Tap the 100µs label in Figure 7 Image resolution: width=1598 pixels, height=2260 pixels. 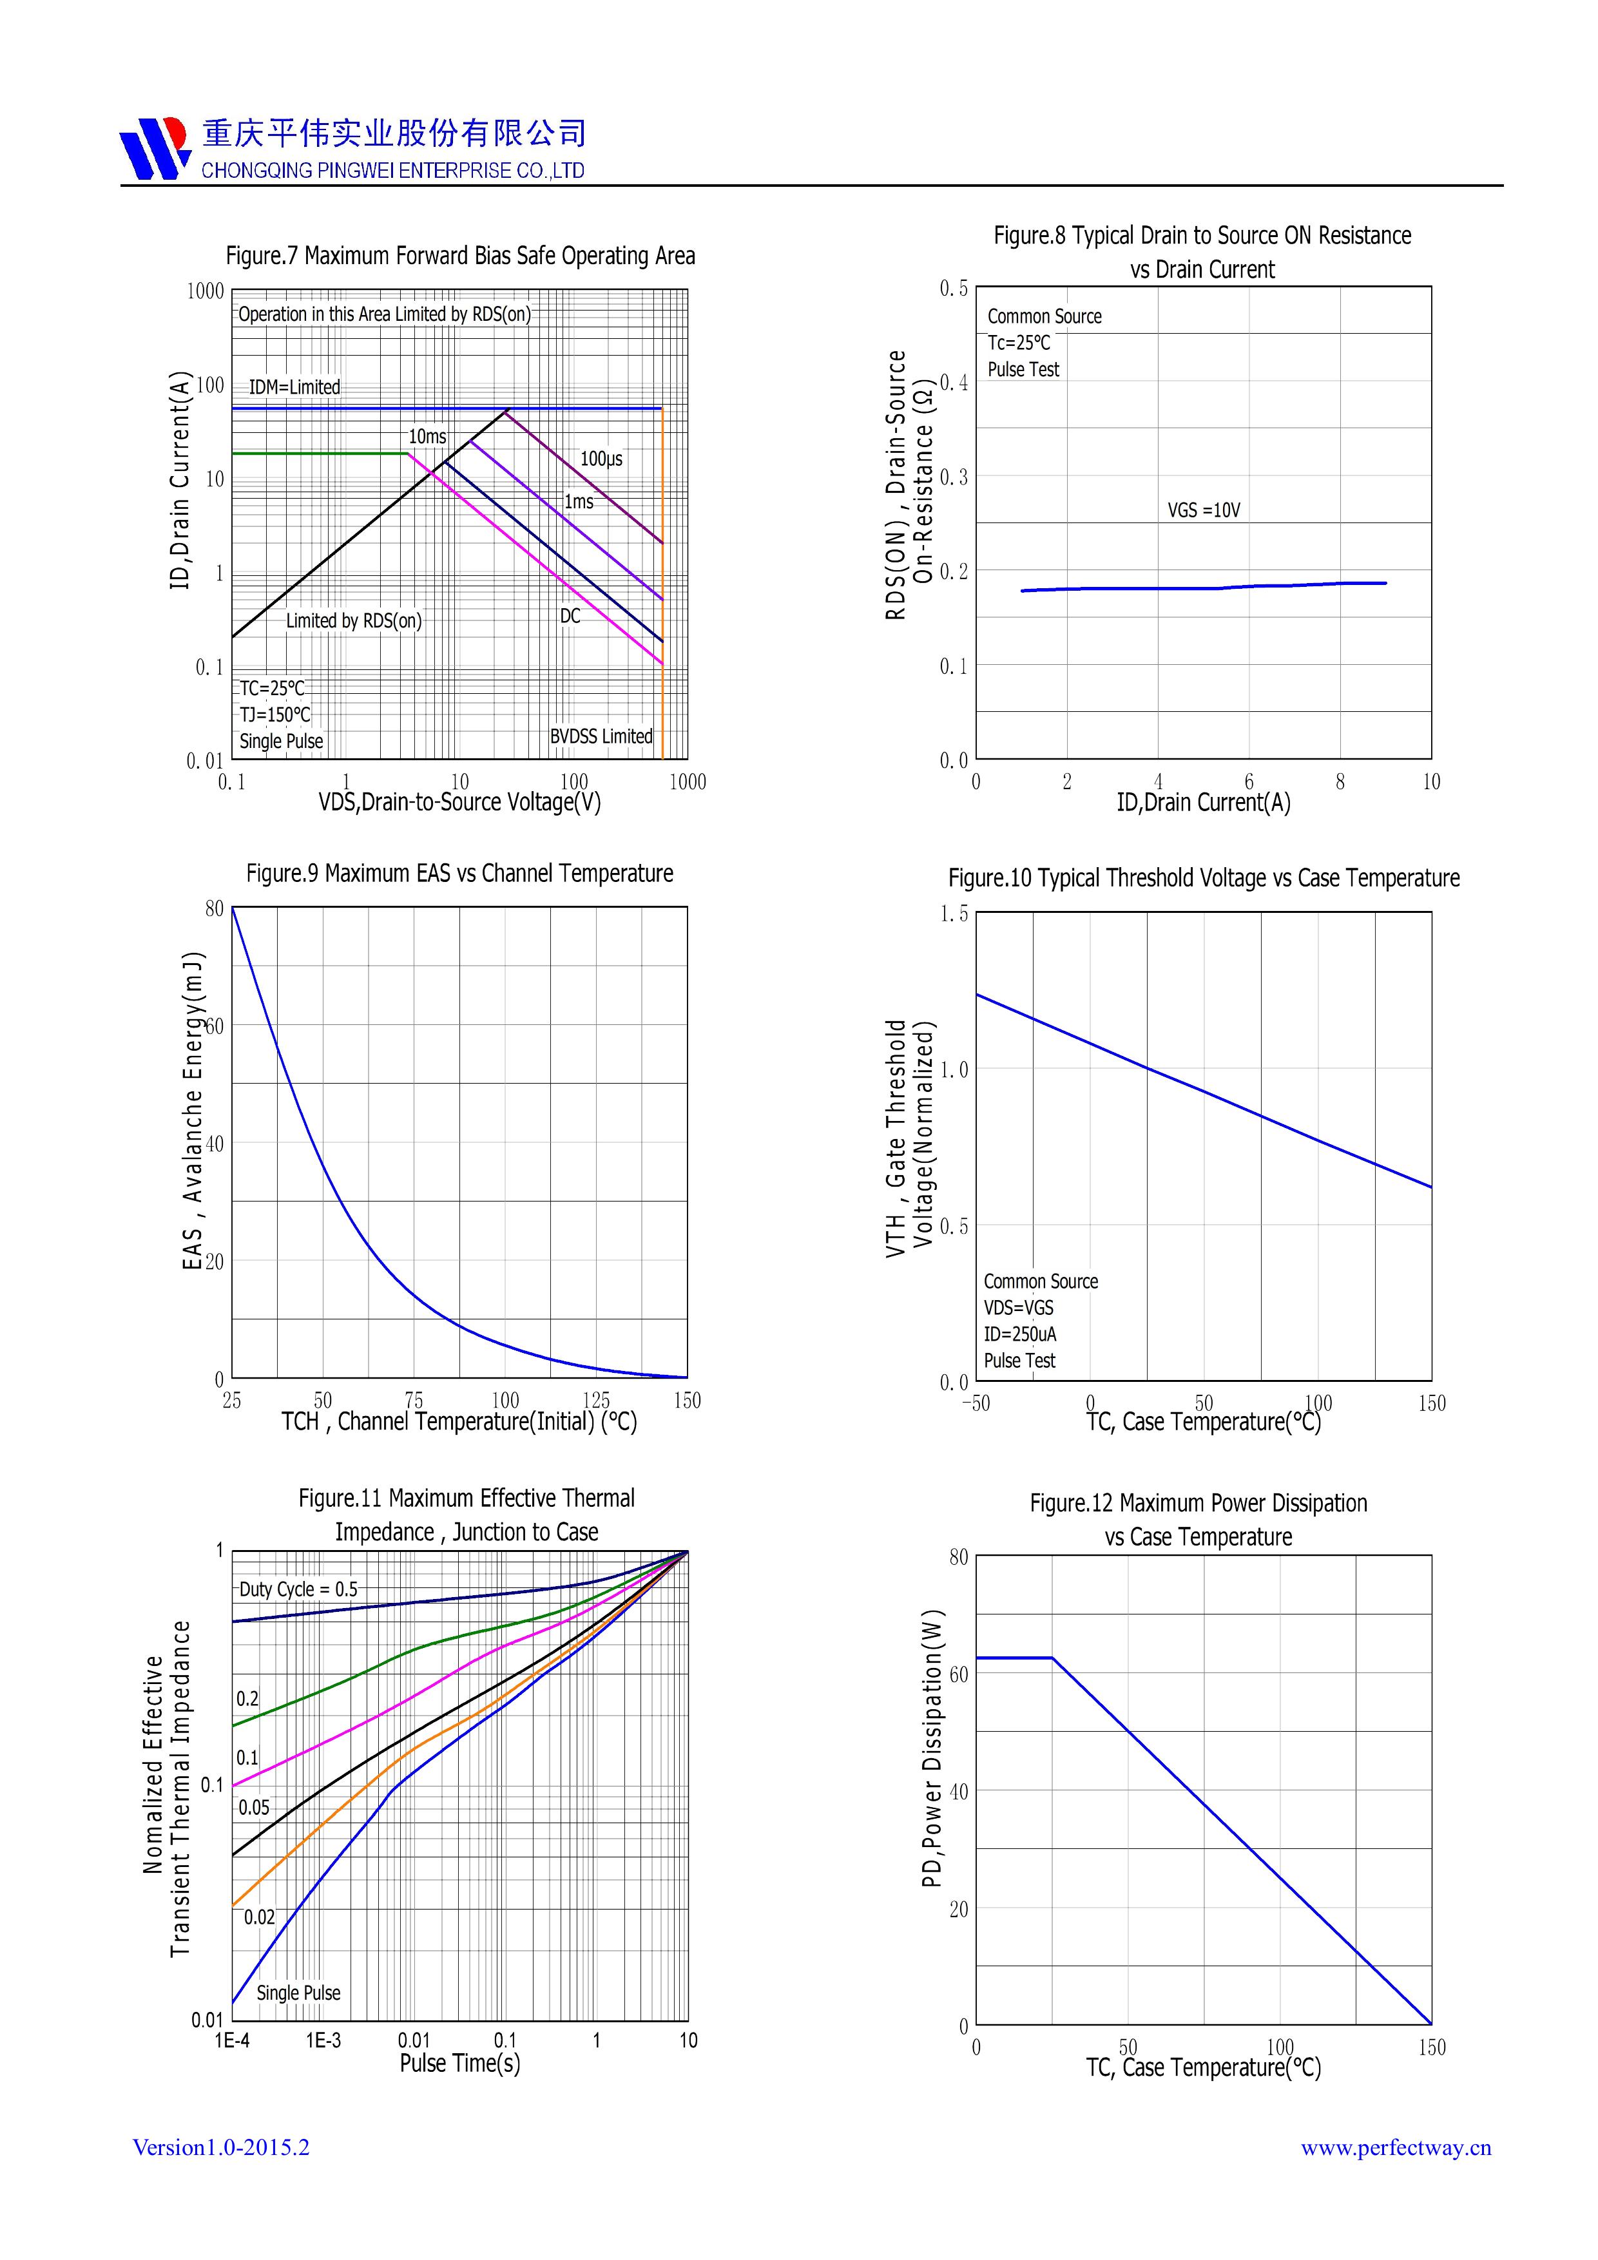(x=601, y=459)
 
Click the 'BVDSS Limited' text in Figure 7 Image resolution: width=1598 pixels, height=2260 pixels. (x=601, y=736)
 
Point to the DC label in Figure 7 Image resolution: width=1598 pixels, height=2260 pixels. (x=570, y=616)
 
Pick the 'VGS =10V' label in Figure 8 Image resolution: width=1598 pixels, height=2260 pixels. (x=1203, y=510)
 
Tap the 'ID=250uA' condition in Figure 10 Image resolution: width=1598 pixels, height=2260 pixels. (x=1019, y=1334)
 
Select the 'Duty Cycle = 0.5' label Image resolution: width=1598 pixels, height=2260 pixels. (x=298, y=1589)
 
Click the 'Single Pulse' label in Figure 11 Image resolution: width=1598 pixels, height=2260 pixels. (x=298, y=1992)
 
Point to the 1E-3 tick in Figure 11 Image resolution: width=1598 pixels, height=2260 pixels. (x=323, y=2040)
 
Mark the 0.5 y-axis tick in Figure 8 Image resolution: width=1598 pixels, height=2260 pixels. (x=953, y=289)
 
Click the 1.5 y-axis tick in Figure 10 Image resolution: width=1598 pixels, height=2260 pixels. (x=953, y=914)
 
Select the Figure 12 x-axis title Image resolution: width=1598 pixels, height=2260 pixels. (x=1203, y=2067)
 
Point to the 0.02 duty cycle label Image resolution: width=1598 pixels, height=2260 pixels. (x=259, y=1917)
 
